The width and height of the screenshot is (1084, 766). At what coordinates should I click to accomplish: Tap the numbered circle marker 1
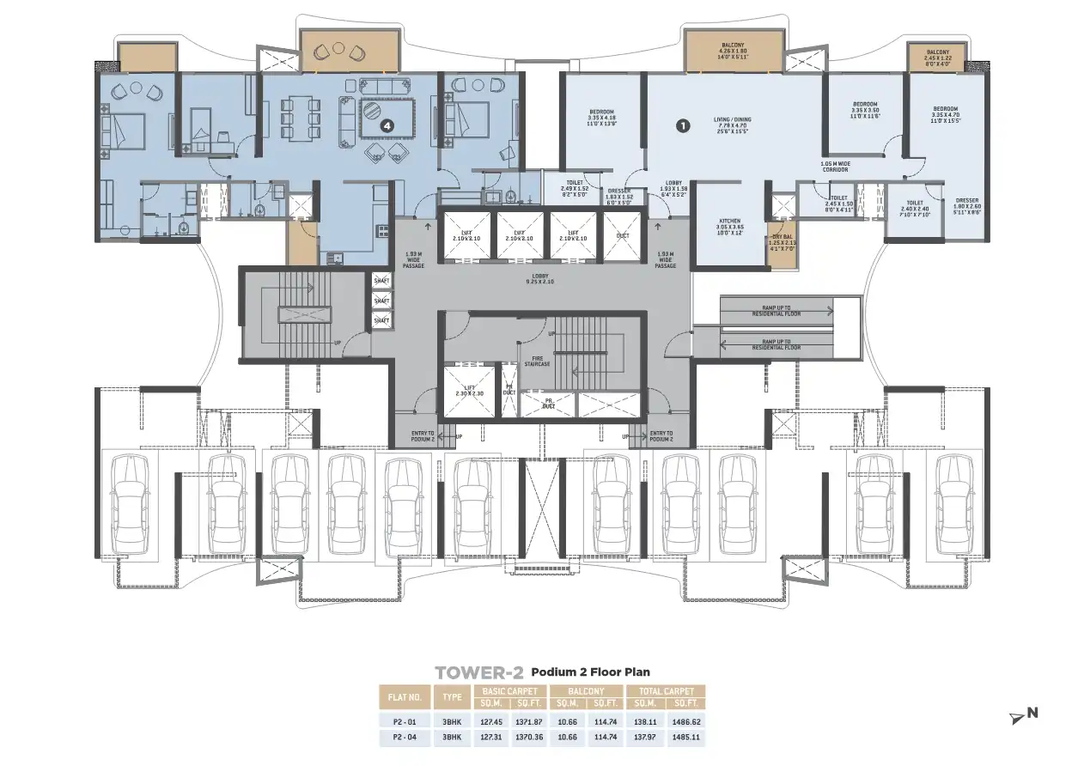(683, 125)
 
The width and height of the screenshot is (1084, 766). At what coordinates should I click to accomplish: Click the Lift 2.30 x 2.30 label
(469, 391)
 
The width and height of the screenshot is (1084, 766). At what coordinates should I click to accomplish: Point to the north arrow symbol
(1024, 713)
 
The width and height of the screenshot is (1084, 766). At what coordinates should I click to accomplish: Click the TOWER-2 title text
(478, 672)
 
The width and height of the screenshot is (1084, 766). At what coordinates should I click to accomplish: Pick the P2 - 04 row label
(405, 737)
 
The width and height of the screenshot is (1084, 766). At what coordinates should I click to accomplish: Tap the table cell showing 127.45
(497, 722)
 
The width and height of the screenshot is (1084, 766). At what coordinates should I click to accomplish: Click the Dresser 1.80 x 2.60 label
(965, 206)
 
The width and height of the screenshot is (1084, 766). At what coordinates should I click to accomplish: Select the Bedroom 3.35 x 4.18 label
(600, 118)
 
